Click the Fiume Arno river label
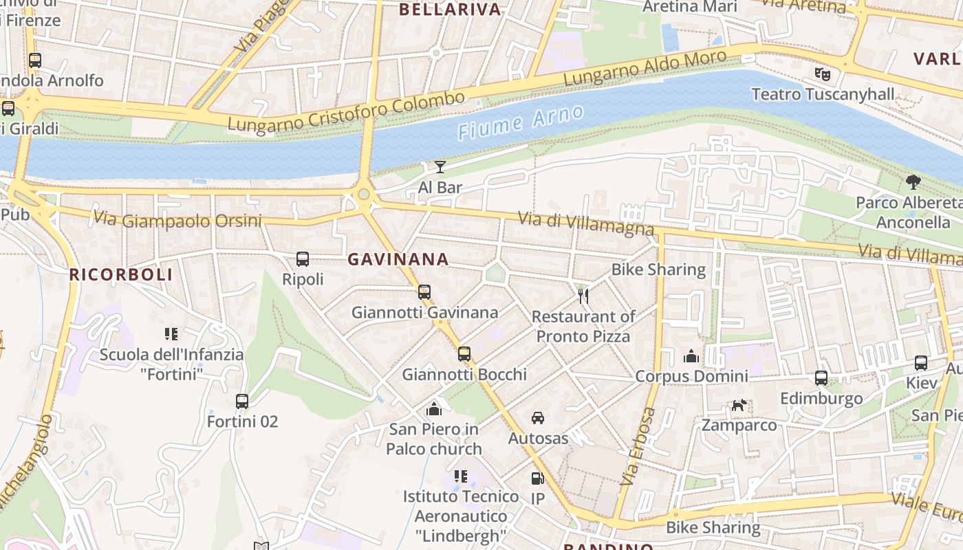pos(521,122)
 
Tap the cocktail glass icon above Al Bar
pos(440,166)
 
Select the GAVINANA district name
pos(398,259)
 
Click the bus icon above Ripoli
pos(303,259)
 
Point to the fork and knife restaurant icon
pos(583,296)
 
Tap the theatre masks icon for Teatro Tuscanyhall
pos(820,73)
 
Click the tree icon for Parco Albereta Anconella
pos(913,182)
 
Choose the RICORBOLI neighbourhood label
pos(120,274)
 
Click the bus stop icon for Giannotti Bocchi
pos(464,354)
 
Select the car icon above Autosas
pos(538,417)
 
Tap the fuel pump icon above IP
pos(537,478)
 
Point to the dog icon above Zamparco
pos(739,405)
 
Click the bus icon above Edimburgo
pos(821,377)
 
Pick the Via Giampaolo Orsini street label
pos(177,219)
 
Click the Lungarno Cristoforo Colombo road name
pos(346,113)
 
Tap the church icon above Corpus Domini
pos(691,355)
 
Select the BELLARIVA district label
pos(450,9)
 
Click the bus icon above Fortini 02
pos(242,401)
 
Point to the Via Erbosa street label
pos(638,447)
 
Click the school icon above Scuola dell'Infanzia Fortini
pos(171,334)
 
